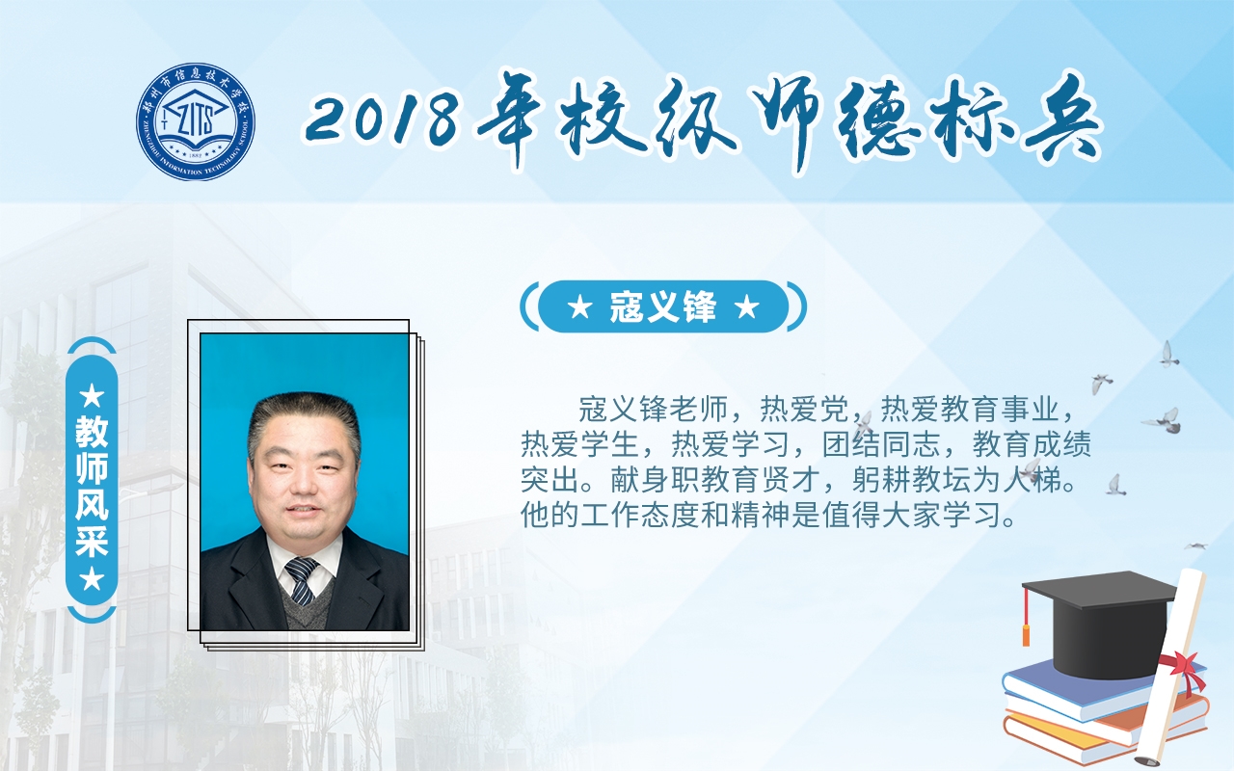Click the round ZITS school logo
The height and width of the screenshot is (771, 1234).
(196, 121)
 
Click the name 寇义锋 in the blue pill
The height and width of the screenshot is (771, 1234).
(662, 306)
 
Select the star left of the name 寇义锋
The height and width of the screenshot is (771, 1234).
(579, 307)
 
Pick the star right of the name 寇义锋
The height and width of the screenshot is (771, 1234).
(746, 307)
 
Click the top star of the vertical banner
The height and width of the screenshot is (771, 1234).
(92, 396)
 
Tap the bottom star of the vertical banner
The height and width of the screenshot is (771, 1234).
(92, 579)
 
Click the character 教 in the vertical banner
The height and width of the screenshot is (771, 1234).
(92, 432)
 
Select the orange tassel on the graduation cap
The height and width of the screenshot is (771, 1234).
(1026, 617)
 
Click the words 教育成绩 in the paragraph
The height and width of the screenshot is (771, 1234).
(1032, 444)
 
